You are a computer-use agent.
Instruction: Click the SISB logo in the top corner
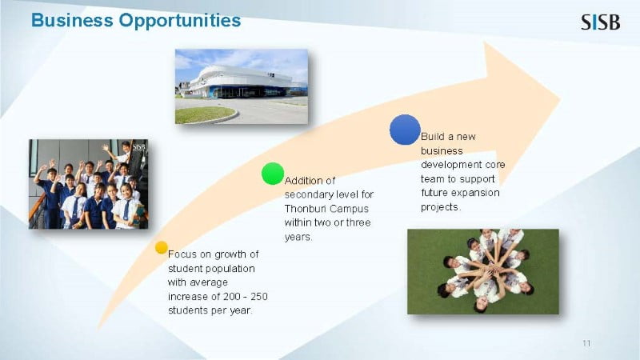click(x=601, y=22)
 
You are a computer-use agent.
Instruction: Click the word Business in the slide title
click(x=72, y=20)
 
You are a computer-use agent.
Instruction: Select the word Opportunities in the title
click(x=180, y=21)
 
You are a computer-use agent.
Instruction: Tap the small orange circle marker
click(x=162, y=247)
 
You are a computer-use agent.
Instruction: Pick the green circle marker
click(x=273, y=174)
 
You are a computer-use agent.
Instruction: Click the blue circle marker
click(x=405, y=130)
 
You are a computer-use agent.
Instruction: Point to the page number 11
click(x=586, y=343)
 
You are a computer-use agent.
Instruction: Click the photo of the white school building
click(x=242, y=86)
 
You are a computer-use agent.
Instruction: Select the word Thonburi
click(x=302, y=209)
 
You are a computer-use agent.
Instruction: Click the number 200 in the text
click(x=232, y=296)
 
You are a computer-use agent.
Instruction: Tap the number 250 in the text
click(x=259, y=296)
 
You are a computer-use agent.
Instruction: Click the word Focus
click(x=182, y=254)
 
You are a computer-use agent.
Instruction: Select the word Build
click(x=432, y=136)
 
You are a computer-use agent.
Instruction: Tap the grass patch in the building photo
click(x=205, y=114)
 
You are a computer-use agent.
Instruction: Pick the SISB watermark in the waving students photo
click(x=138, y=147)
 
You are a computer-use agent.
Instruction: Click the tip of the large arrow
click(x=559, y=99)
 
